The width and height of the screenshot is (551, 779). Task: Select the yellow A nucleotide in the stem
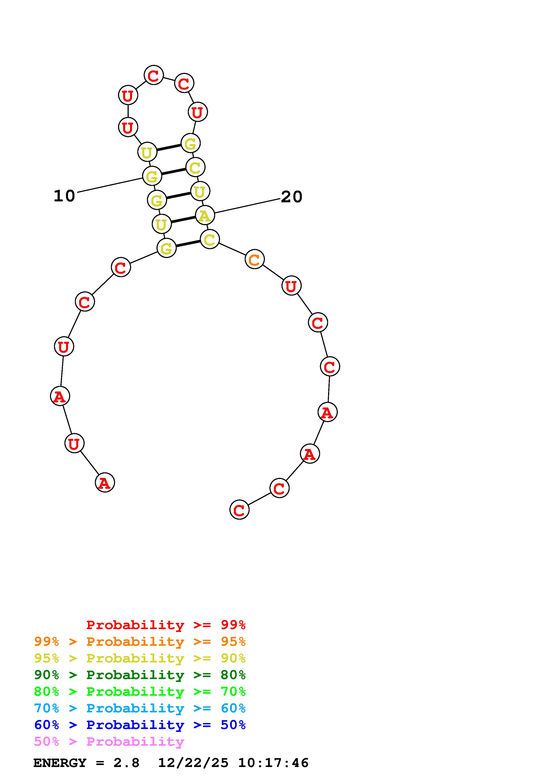point(205,215)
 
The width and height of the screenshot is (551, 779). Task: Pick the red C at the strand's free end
point(239,510)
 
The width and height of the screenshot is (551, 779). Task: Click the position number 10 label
point(64,196)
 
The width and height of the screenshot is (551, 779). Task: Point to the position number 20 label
point(292,197)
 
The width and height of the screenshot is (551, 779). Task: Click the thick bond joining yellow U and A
point(183,220)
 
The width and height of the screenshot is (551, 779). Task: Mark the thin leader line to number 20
point(247,206)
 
